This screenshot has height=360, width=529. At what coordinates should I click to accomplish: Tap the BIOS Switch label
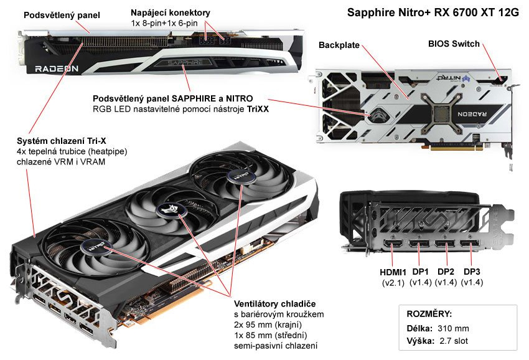coord(454,44)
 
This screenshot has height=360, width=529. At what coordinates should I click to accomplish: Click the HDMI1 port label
coord(393,272)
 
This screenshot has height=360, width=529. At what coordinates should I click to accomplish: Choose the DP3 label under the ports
coord(472,272)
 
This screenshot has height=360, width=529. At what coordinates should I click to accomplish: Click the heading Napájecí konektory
coord(171,12)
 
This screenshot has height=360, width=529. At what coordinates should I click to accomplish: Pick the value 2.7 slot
coord(453,341)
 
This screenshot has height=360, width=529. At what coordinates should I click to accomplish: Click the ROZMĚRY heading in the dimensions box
coord(429,314)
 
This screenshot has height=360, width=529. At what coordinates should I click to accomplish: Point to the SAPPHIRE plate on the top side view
coord(184,62)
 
